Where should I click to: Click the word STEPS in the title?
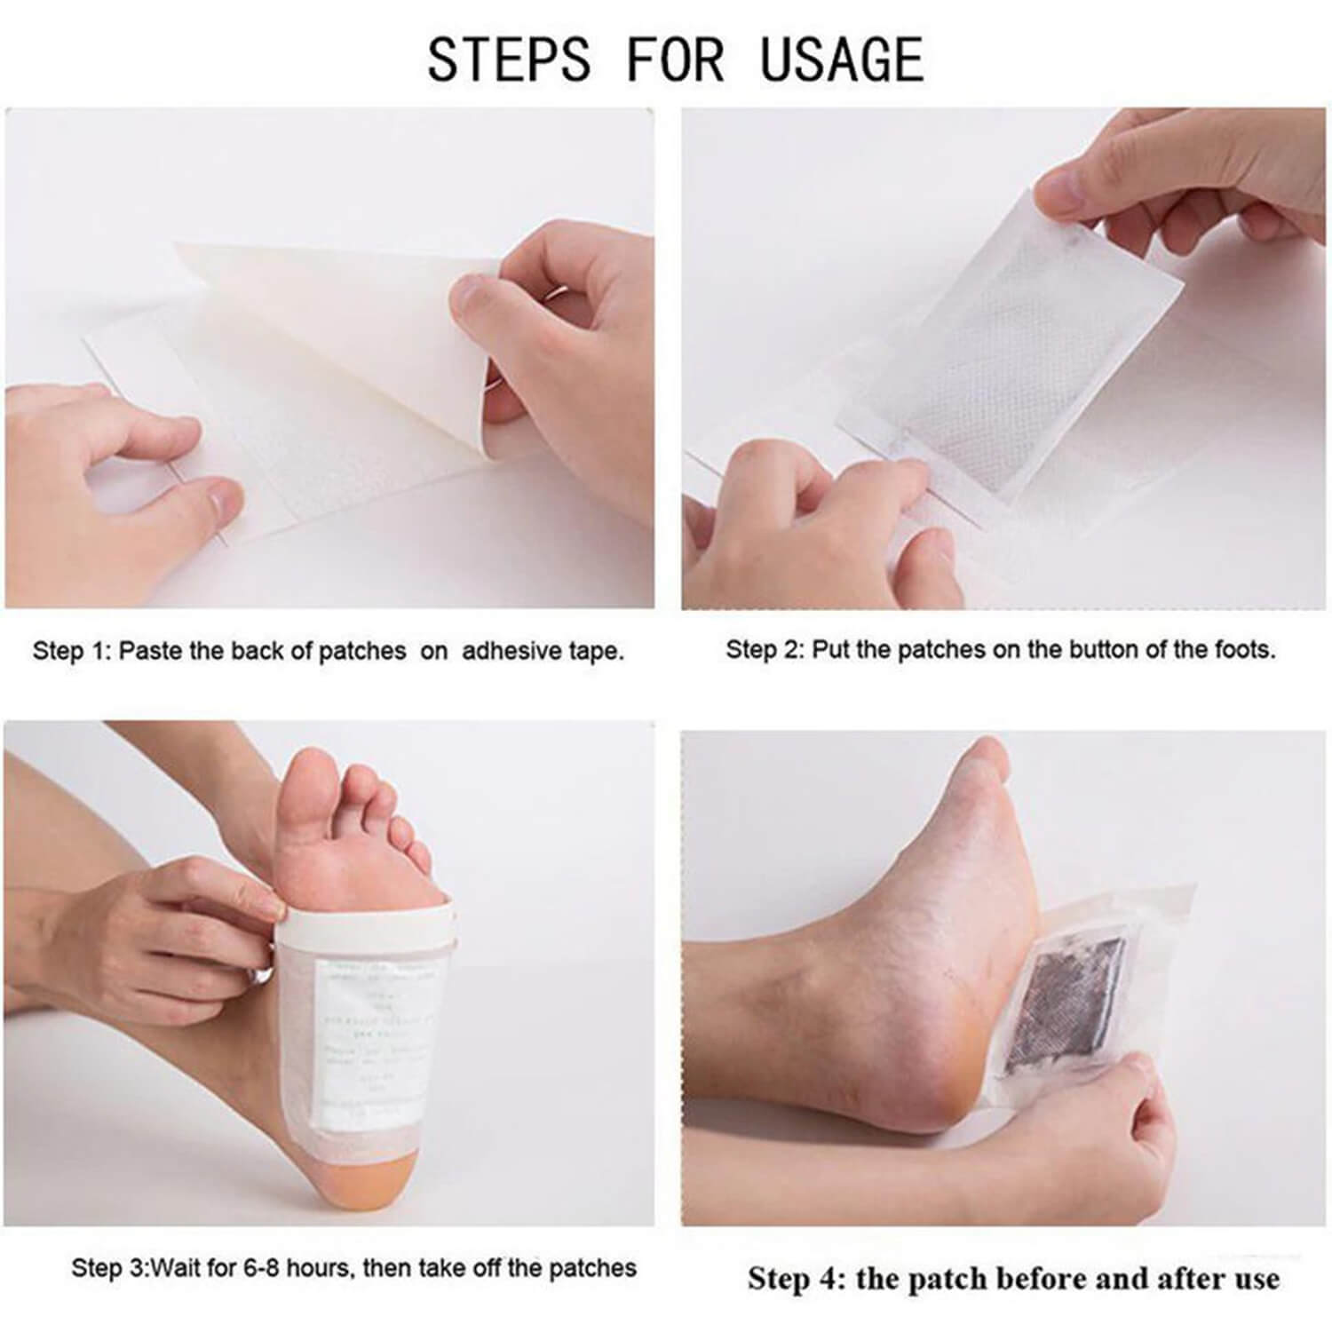pyautogui.click(x=508, y=59)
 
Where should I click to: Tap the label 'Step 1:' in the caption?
pyautogui.click(x=72, y=651)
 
